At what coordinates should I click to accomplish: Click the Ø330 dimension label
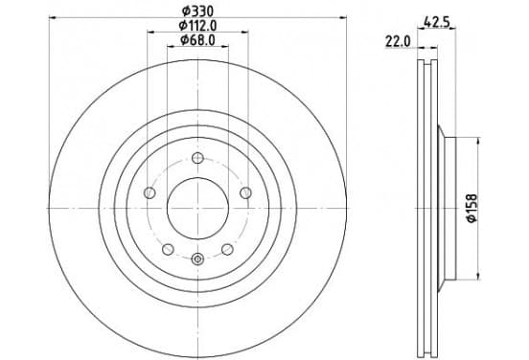pos(197,11)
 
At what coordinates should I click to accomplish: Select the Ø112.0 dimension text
pos(197,26)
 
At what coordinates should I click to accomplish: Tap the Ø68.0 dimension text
pos(197,40)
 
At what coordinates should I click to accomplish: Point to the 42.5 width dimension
pos(437,23)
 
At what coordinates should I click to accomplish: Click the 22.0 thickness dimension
pos(398,42)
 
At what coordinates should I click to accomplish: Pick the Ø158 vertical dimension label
pos(472,208)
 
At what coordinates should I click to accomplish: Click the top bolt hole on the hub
pos(197,157)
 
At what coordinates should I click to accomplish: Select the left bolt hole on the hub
pos(149,193)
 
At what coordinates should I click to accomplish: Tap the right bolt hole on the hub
pos(245,193)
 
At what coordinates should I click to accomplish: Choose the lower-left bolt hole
pos(168,250)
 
